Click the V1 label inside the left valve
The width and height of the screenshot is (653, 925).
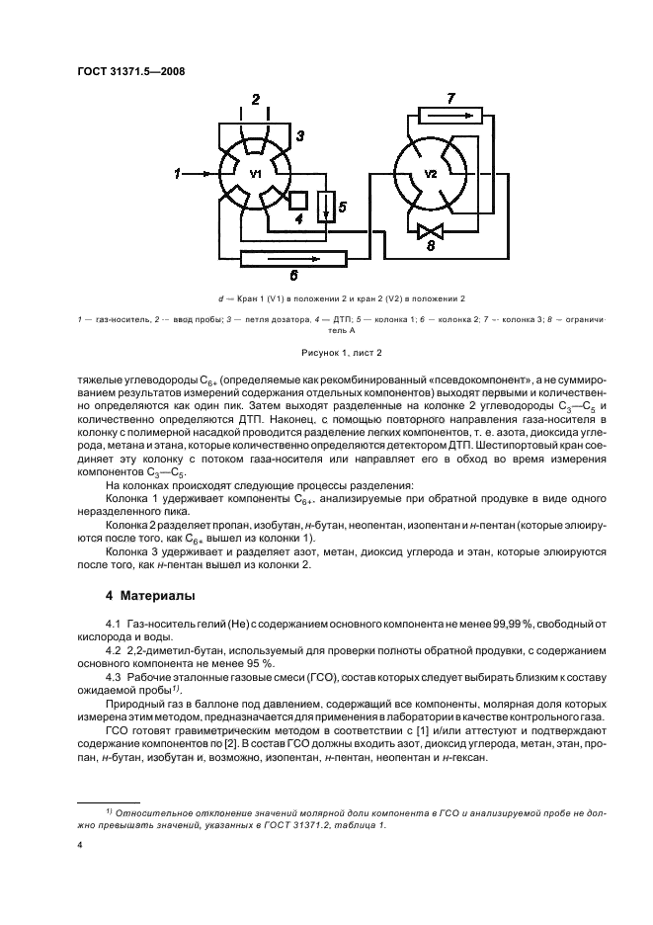point(255,174)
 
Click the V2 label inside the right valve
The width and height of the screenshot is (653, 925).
point(431,174)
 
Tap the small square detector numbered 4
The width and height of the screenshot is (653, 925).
point(298,201)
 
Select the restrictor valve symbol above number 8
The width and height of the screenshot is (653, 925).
point(430,232)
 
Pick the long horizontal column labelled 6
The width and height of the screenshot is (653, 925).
point(293,259)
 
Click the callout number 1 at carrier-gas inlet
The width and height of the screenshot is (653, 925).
point(178,174)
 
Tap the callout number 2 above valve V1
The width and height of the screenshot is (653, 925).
point(256,99)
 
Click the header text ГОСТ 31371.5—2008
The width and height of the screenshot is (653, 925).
point(131,70)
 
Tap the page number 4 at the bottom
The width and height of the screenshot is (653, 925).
point(79,845)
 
